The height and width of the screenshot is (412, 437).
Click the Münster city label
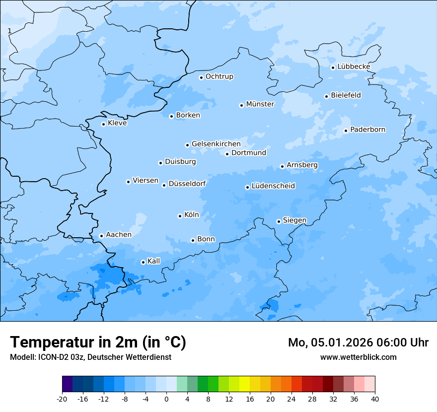pyautogui.click(x=260, y=104)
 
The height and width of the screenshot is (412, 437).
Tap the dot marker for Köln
pyautogui.click(x=180, y=216)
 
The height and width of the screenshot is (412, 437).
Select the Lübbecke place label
pyautogui.click(x=354, y=67)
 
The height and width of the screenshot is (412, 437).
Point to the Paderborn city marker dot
pyautogui.click(x=346, y=131)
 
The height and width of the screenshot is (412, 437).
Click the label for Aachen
pyautogui.click(x=119, y=235)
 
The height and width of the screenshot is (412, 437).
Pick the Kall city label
pyautogui.click(x=154, y=261)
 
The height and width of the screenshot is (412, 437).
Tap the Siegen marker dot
pyautogui.click(x=279, y=221)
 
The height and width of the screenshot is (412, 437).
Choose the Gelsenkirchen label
pyautogui.click(x=216, y=144)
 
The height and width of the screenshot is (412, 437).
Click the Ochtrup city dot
pyautogui.click(x=201, y=77)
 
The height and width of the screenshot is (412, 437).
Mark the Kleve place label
pyautogui.click(x=117, y=123)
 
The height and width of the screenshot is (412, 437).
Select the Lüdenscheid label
pyautogui.click(x=273, y=186)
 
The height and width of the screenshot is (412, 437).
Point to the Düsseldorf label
pyautogui.click(x=187, y=184)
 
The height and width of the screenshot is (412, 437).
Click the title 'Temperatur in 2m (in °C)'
pyautogui.click(x=98, y=342)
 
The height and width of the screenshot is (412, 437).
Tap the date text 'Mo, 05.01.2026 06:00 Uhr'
pyautogui.click(x=358, y=343)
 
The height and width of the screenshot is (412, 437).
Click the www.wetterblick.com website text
pyautogui.click(x=358, y=357)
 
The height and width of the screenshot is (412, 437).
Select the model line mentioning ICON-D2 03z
pyautogui.click(x=90, y=357)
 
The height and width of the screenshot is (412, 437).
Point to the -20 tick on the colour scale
pyautogui.click(x=62, y=399)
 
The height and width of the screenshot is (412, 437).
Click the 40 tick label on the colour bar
pyautogui.click(x=375, y=399)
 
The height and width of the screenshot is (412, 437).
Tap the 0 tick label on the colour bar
pyautogui.click(x=166, y=399)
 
